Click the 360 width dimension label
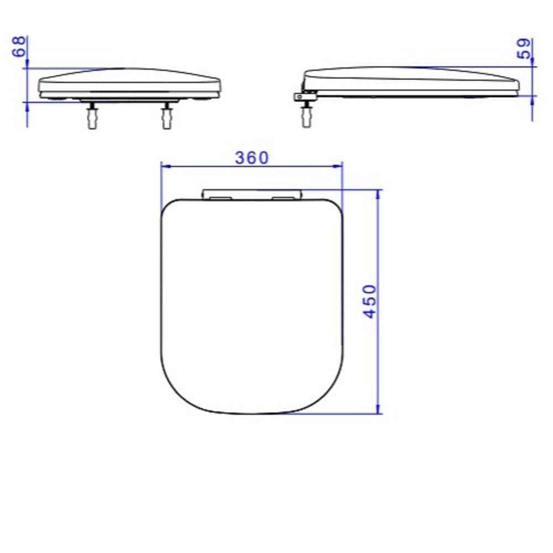pyautogui.click(x=252, y=158)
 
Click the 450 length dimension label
pyautogui.click(x=370, y=301)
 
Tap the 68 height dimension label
pyautogui.click(x=19, y=46)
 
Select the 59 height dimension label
pyautogui.click(x=524, y=48)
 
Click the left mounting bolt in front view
pyautogui.click(x=92, y=116)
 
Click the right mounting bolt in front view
pyautogui.click(x=166, y=116)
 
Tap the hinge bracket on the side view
pyautogui.click(x=305, y=96)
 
